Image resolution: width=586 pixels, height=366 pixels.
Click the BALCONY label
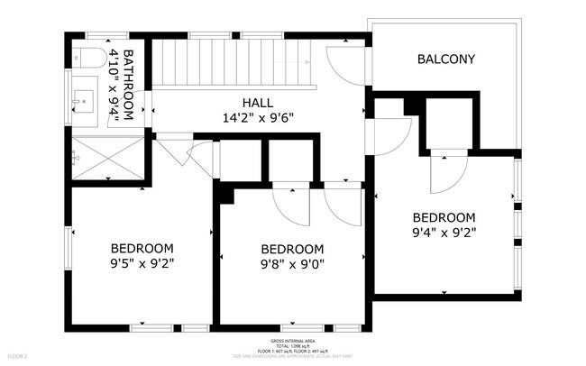pyautogui.click(x=446, y=60)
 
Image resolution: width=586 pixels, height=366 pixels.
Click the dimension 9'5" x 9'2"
pyautogui.click(x=142, y=264)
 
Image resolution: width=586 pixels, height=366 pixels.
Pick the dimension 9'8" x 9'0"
pyautogui.click(x=292, y=265)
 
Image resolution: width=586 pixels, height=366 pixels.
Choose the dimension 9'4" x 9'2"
pyautogui.click(x=444, y=232)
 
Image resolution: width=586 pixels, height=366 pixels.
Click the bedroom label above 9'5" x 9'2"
pyautogui.click(x=142, y=249)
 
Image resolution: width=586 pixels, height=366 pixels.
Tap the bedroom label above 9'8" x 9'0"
pyautogui.click(x=292, y=250)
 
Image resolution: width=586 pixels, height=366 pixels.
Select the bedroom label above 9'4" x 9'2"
pyautogui.click(x=444, y=217)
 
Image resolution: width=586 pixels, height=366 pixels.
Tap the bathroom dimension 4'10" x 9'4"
pyautogui.click(x=114, y=85)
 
